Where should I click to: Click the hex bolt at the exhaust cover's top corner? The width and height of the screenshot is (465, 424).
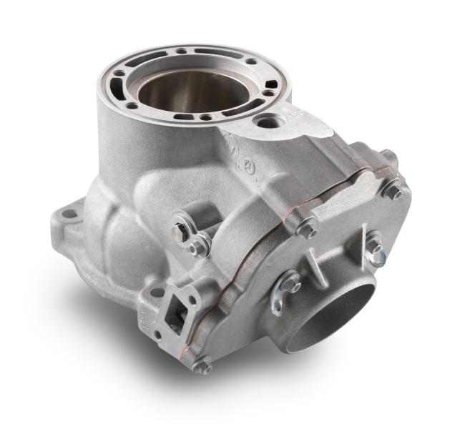click(x=393, y=189)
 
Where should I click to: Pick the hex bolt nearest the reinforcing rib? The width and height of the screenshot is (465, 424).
click(x=308, y=229)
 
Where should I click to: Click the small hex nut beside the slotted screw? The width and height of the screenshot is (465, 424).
click(x=200, y=247)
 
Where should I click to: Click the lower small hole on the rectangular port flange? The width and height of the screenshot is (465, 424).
click(x=158, y=337)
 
